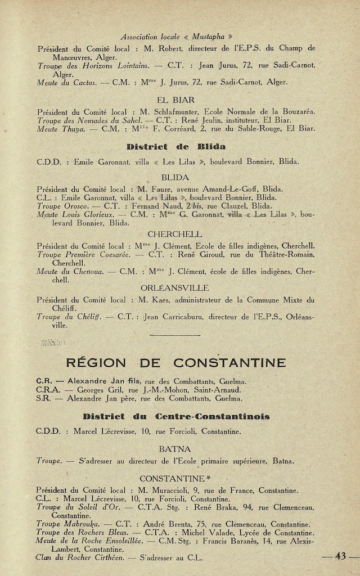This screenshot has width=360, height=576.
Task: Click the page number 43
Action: click(340, 556)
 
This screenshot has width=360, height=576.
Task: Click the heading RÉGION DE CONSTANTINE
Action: click(175, 362)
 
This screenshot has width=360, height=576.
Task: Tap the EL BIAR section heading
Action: click(175, 100)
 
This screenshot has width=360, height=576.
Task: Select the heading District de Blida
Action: click(175, 147)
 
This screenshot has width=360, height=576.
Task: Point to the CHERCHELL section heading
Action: click(175, 234)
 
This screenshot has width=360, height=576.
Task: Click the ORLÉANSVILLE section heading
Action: click(175, 287)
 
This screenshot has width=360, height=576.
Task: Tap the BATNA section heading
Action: click(175, 449)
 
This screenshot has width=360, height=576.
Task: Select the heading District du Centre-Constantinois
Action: click(175, 416)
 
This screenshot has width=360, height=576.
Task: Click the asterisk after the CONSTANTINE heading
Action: click(208, 478)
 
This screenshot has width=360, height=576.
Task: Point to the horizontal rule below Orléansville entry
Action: click(175, 335)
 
